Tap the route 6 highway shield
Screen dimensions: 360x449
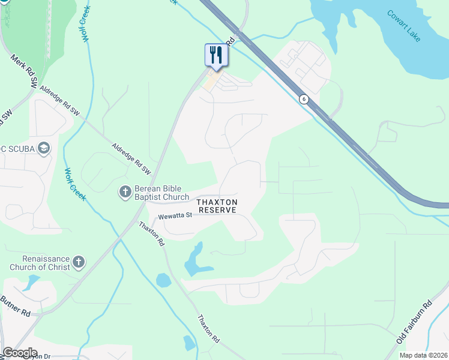coord(304,99)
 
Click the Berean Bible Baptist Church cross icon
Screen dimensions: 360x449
coord(125,192)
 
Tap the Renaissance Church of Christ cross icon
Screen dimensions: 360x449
coord(79,262)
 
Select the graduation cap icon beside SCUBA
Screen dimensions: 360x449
coord(43,148)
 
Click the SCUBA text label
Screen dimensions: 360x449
coord(17,148)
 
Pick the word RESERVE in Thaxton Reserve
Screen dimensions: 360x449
coord(218,210)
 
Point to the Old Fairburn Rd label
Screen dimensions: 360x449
coord(414,322)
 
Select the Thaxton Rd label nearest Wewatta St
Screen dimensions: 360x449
coord(151,234)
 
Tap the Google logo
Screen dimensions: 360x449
coord(20,353)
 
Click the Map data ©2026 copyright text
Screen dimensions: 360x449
coord(423,355)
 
